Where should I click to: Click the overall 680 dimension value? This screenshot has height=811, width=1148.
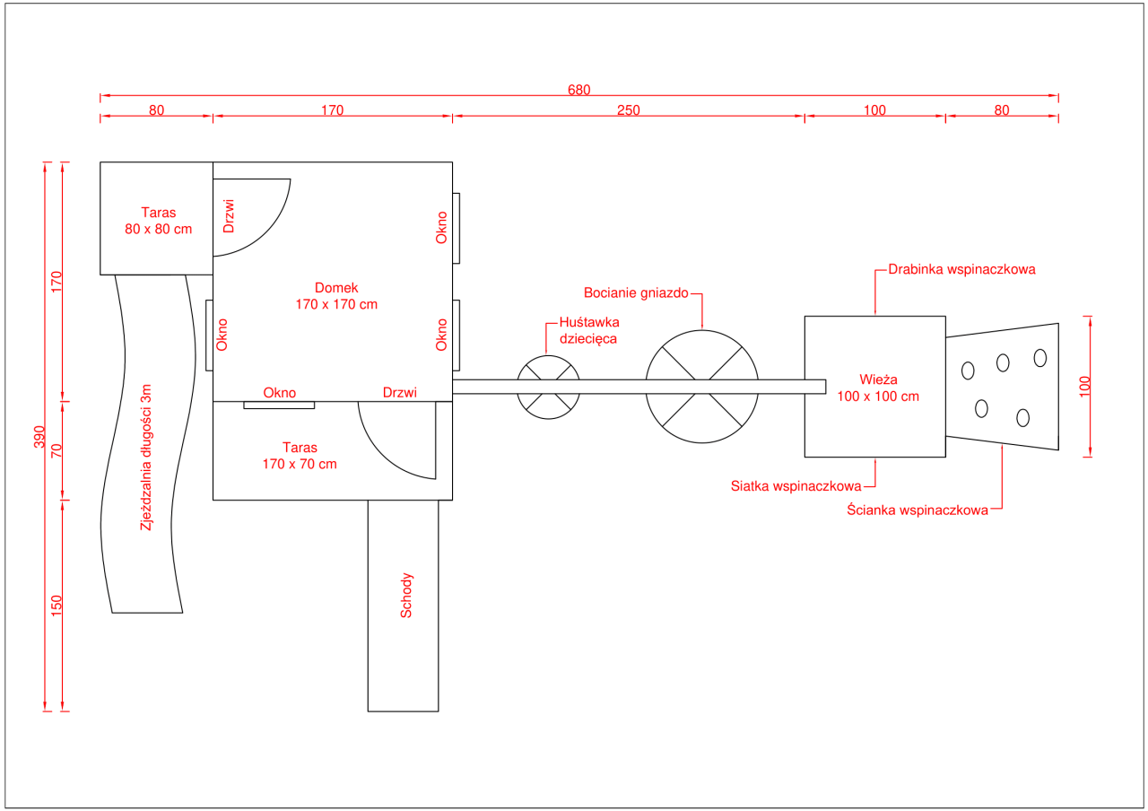point(578,91)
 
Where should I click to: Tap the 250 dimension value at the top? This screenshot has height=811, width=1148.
point(629,110)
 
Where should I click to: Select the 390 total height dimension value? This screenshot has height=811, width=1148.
point(39,437)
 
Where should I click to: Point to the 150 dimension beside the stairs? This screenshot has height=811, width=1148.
point(57,606)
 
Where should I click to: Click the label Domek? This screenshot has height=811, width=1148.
point(336,288)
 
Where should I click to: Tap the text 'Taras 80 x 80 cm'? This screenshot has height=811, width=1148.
point(159,221)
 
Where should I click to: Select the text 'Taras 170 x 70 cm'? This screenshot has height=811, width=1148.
point(300,456)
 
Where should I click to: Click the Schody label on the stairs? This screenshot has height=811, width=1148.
point(406,596)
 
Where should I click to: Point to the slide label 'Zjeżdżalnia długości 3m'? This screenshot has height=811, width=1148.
point(146,458)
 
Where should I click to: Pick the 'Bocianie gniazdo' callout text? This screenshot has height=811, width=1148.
point(636,293)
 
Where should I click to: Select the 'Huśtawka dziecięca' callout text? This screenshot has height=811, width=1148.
point(589,331)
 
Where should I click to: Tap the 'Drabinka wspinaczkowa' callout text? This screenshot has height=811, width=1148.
point(962,270)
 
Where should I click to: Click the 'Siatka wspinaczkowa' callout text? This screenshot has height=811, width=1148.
point(796,486)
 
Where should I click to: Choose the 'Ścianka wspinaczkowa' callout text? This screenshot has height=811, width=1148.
point(918,510)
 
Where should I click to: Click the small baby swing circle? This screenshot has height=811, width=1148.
point(548,356)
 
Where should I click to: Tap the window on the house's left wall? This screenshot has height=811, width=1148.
point(209,336)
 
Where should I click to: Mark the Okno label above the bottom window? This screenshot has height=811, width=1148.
point(279,393)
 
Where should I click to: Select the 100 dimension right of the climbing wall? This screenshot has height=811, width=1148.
point(1084,387)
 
